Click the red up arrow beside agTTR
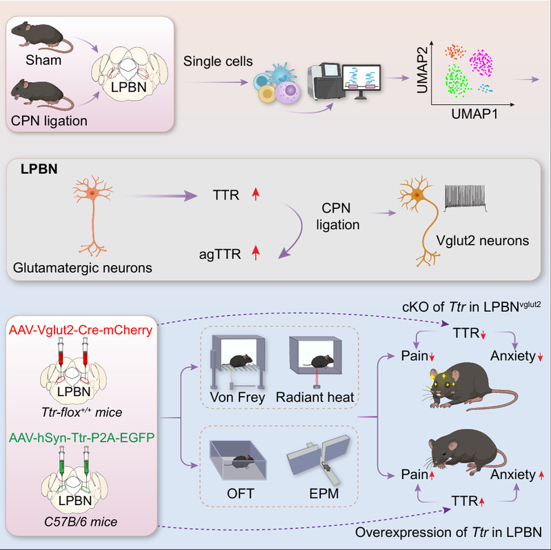(x=256, y=255)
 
